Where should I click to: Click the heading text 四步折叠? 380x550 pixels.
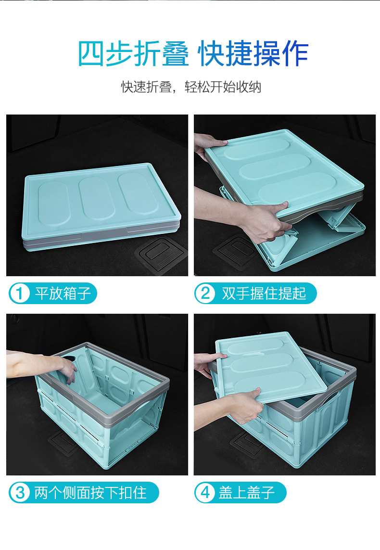(133, 54)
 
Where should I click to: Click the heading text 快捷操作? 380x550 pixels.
(253, 54)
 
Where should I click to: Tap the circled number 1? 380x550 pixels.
(20, 293)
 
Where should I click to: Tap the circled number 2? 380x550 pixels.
(205, 293)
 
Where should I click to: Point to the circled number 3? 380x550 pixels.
(20, 493)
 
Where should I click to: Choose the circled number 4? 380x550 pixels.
(205, 493)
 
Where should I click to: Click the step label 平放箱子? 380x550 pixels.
(63, 293)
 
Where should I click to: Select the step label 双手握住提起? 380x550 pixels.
(264, 293)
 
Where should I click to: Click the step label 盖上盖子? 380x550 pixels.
(246, 493)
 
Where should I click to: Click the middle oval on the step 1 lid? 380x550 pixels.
(98, 199)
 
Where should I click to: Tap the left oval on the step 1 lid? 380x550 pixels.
(54, 203)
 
